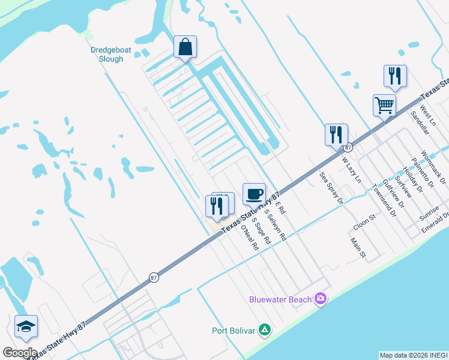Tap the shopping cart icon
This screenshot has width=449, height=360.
(384, 106)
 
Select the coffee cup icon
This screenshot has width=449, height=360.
(254, 194)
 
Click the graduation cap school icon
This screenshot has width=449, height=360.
(26, 326)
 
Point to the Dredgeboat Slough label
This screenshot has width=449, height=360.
(107, 55)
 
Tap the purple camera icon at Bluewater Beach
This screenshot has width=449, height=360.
(321, 298)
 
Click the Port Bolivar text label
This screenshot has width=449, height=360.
(234, 330)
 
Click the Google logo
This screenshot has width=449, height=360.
(20, 352)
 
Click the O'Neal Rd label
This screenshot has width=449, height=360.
(249, 237)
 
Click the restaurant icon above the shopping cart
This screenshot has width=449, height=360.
(395, 76)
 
